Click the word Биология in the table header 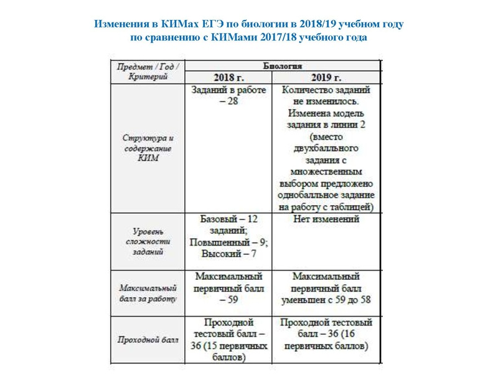click(283, 65)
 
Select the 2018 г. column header click(229, 78)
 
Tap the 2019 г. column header click(326, 78)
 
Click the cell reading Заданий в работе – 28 click(229, 95)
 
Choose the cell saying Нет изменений click(326, 219)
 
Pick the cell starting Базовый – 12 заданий click(229, 236)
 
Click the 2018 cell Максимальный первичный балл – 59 click(229, 287)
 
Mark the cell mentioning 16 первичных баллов click(326, 340)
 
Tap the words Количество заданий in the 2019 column click(326, 90)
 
